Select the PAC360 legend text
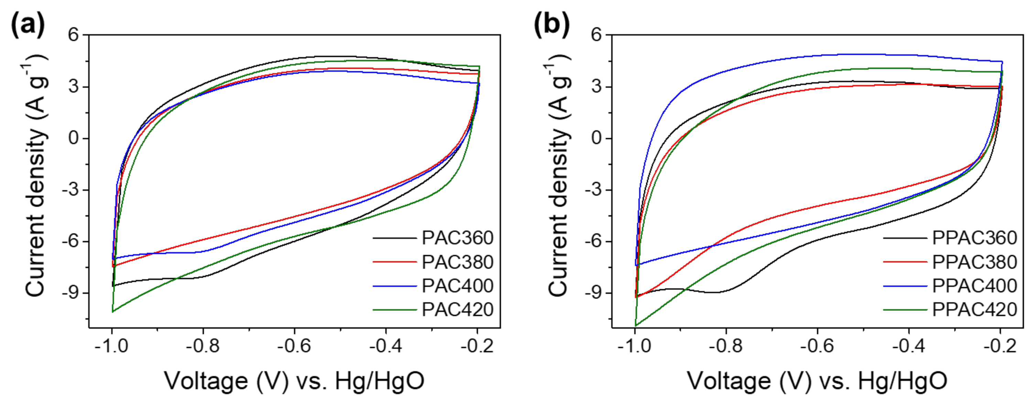click(x=457, y=238)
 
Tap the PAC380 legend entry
click(x=457, y=262)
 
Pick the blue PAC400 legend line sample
click(x=394, y=286)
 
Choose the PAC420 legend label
click(x=457, y=310)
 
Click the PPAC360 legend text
click(x=974, y=238)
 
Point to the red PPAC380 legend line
click(x=905, y=262)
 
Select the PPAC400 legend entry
click(x=974, y=286)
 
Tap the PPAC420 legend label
click(x=974, y=310)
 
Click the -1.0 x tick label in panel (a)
click(x=111, y=346)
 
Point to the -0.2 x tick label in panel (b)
click(x=1000, y=346)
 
